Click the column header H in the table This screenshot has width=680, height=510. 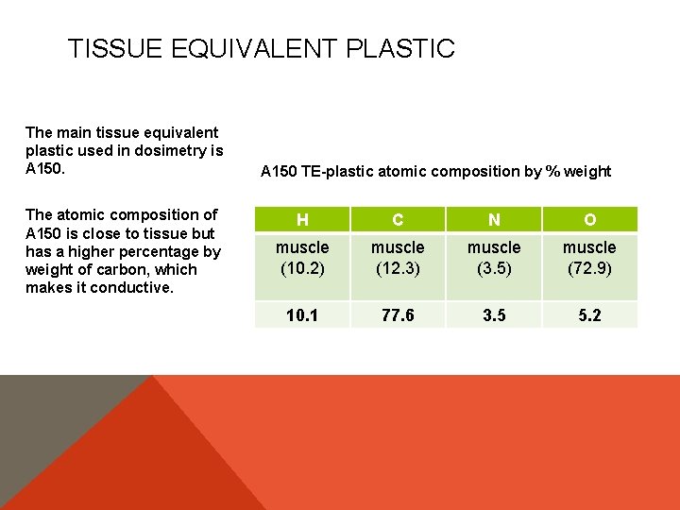[x=302, y=220]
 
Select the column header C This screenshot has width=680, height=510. [x=398, y=220]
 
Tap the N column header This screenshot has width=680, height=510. [x=494, y=220]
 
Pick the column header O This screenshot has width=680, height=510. [x=589, y=220]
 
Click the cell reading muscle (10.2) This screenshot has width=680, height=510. [x=302, y=258]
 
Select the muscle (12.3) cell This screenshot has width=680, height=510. [x=398, y=258]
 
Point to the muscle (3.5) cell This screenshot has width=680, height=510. [x=494, y=258]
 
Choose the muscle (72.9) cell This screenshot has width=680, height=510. [x=589, y=258]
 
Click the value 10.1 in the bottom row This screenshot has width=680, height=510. [x=302, y=315]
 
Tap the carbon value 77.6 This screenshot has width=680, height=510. [x=398, y=315]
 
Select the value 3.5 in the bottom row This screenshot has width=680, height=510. [x=494, y=315]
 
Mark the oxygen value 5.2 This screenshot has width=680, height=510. [x=589, y=315]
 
